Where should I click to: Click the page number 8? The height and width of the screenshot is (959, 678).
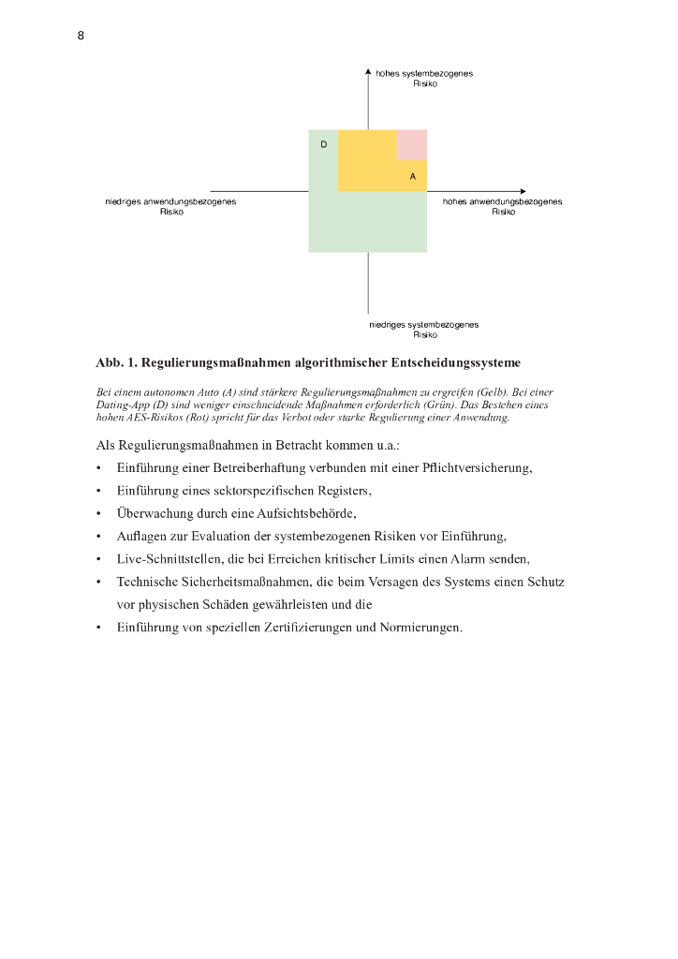pyautogui.click(x=81, y=36)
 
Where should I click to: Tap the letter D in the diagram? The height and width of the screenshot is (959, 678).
pyautogui.click(x=323, y=144)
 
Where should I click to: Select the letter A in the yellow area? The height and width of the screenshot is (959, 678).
pyautogui.click(x=412, y=176)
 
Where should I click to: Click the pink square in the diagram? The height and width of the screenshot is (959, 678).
pyautogui.click(x=412, y=145)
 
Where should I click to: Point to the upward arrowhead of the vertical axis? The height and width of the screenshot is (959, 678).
pyautogui.click(x=368, y=70)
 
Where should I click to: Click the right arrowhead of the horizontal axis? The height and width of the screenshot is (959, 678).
pyautogui.click(x=522, y=191)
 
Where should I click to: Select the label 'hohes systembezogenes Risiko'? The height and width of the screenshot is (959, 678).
pyautogui.click(x=424, y=79)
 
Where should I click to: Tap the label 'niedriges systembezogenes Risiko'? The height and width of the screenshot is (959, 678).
pyautogui.click(x=424, y=330)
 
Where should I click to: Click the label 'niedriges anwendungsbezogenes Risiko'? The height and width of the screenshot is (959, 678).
pyautogui.click(x=170, y=206)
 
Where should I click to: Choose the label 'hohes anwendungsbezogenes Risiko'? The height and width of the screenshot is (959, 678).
pyautogui.click(x=503, y=206)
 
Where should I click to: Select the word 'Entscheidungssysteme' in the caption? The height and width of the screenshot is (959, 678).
pyautogui.click(x=454, y=362)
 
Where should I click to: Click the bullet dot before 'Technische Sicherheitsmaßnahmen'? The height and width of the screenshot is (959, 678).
pyautogui.click(x=98, y=583)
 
